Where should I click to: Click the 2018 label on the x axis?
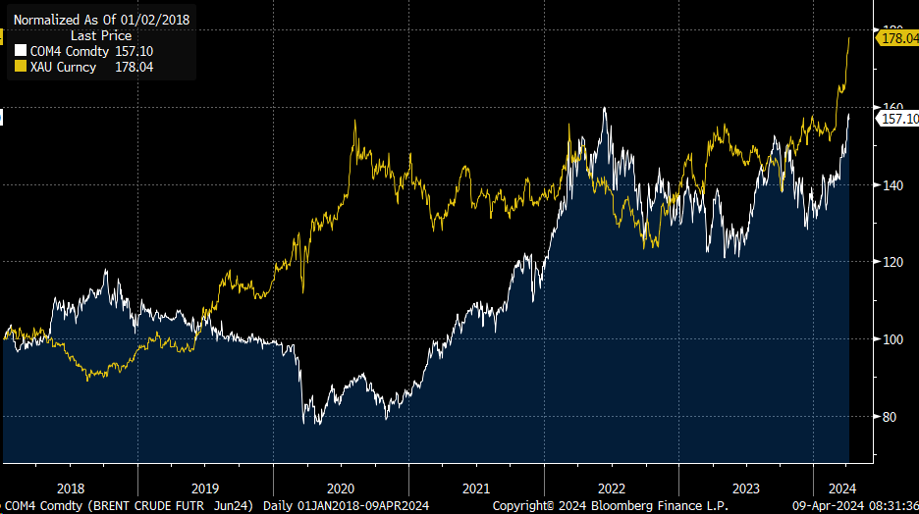click(71, 488)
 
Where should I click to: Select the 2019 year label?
click(205, 488)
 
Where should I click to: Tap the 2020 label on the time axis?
click(341, 488)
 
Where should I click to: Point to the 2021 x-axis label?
click(476, 488)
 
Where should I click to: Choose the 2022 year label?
click(611, 488)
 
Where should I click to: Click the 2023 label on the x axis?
click(746, 488)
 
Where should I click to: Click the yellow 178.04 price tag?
click(897, 38)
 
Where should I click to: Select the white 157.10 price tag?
click(898, 119)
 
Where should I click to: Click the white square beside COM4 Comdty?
click(20, 51)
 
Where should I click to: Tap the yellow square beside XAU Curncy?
click(20, 67)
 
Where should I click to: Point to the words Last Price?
click(101, 35)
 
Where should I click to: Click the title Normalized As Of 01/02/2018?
click(101, 19)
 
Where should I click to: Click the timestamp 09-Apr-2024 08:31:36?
click(854, 506)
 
